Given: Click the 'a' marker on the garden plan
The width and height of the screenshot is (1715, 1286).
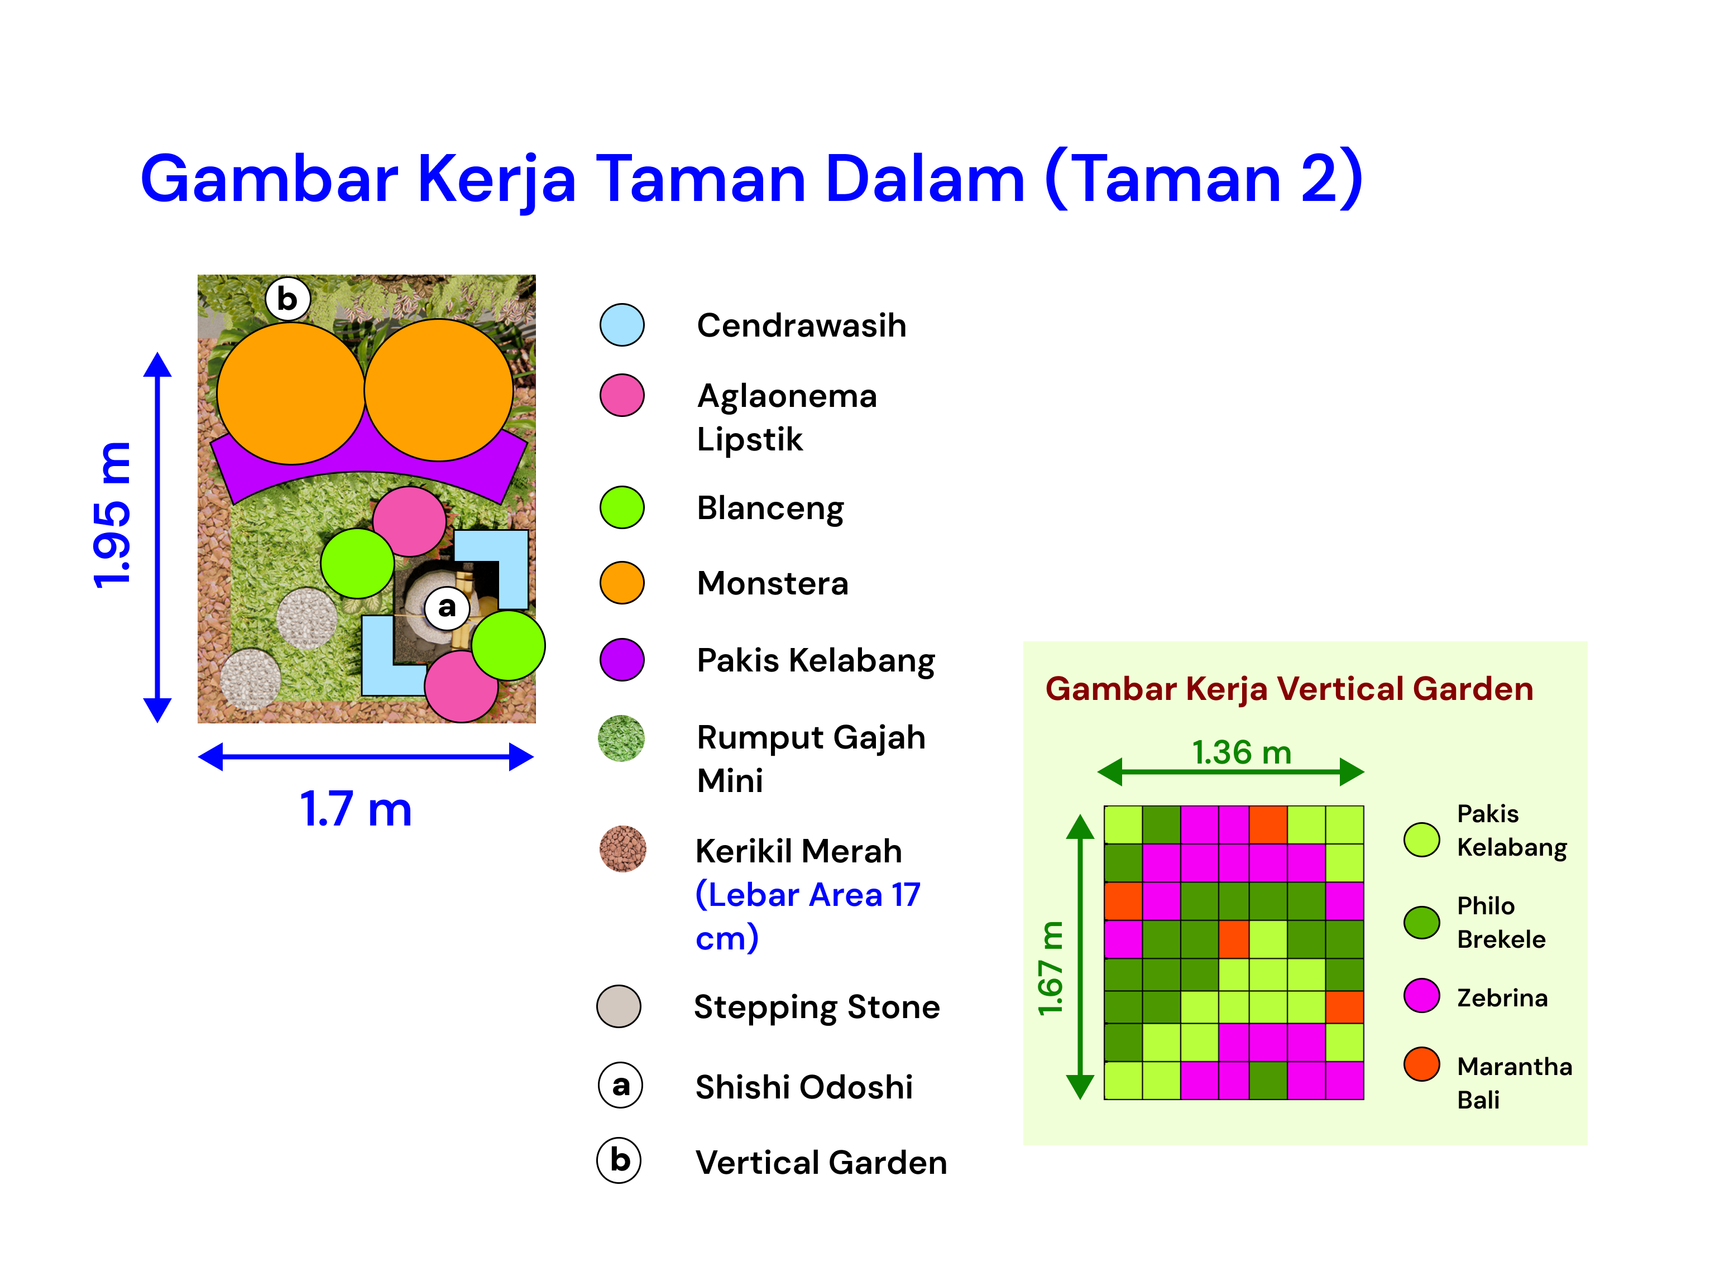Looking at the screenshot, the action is (447, 607).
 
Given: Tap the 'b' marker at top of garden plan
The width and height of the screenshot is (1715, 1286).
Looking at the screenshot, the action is (287, 299).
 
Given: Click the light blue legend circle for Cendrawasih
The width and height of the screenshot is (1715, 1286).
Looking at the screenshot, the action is (622, 325).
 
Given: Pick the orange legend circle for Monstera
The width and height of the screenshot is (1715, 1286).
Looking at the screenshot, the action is (622, 583).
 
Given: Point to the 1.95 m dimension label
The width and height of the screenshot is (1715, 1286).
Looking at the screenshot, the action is (112, 516).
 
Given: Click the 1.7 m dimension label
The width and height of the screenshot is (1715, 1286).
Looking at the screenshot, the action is (356, 809).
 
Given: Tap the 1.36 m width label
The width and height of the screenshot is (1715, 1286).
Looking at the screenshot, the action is (1241, 752).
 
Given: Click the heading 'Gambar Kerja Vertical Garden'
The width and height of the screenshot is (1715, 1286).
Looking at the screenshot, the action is (1288, 688).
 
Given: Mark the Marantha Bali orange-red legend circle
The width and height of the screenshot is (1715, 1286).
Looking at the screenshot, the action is (1421, 1064).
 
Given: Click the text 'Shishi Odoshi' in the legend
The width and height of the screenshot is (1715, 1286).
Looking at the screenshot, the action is (804, 1087).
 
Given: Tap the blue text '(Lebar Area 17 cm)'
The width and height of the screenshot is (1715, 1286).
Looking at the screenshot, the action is (808, 916).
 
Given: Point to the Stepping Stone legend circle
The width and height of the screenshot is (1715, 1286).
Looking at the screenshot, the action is (619, 1006).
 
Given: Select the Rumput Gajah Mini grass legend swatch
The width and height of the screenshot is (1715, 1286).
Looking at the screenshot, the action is (621, 738).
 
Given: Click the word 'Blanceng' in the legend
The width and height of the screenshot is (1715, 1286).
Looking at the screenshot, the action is (770, 508).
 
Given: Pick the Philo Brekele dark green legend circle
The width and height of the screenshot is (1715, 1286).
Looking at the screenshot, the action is (1421, 922).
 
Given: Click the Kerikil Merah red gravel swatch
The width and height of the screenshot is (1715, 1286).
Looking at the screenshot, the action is (622, 849).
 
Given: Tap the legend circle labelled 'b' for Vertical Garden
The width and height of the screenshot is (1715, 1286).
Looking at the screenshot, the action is (619, 1160).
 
